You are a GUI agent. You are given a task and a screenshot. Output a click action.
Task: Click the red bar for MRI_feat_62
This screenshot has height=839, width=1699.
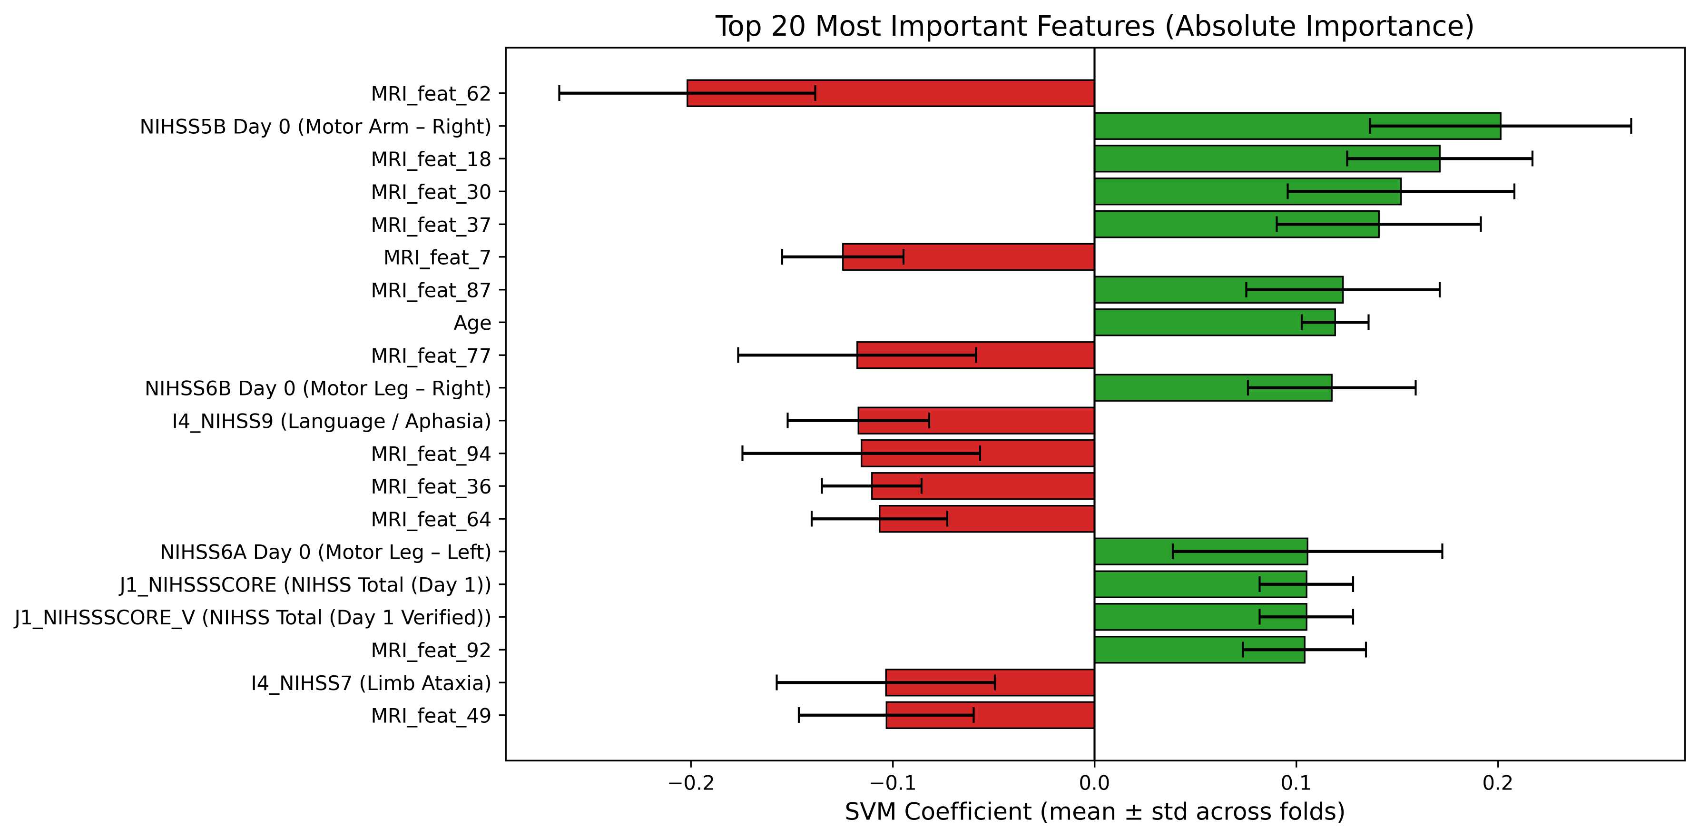(x=890, y=93)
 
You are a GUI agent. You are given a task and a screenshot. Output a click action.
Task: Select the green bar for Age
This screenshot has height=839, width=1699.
(x=1214, y=323)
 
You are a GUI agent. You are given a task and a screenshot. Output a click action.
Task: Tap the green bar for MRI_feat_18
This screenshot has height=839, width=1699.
(x=1267, y=159)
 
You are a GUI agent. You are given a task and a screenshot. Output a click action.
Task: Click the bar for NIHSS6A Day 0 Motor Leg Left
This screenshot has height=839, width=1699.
(x=1200, y=552)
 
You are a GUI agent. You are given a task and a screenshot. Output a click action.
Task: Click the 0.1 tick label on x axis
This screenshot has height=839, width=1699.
(x=1296, y=783)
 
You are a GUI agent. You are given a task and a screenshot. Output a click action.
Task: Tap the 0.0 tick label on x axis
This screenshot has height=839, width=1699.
(x=1094, y=783)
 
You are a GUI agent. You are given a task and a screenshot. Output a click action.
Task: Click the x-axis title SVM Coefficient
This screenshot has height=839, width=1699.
(x=1094, y=812)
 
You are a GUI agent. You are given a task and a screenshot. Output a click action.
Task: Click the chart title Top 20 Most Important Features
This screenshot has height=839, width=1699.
(x=1094, y=26)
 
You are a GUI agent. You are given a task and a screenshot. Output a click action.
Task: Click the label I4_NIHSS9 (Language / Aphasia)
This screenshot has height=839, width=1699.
(x=331, y=421)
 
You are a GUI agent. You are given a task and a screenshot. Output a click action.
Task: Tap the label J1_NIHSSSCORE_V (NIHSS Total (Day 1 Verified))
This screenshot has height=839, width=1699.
(x=253, y=617)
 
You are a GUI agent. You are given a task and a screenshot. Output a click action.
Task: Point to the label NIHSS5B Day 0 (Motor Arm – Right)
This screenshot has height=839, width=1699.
(x=315, y=126)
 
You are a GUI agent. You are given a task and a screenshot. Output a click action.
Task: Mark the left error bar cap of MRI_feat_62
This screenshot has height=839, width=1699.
(x=560, y=93)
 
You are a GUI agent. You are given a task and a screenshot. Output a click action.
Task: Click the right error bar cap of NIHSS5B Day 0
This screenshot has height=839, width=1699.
(x=1631, y=126)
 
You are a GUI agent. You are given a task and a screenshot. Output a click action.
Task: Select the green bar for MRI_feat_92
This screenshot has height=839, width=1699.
(x=1199, y=650)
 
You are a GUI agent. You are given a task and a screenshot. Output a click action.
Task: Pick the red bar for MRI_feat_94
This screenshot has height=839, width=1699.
(x=977, y=453)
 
